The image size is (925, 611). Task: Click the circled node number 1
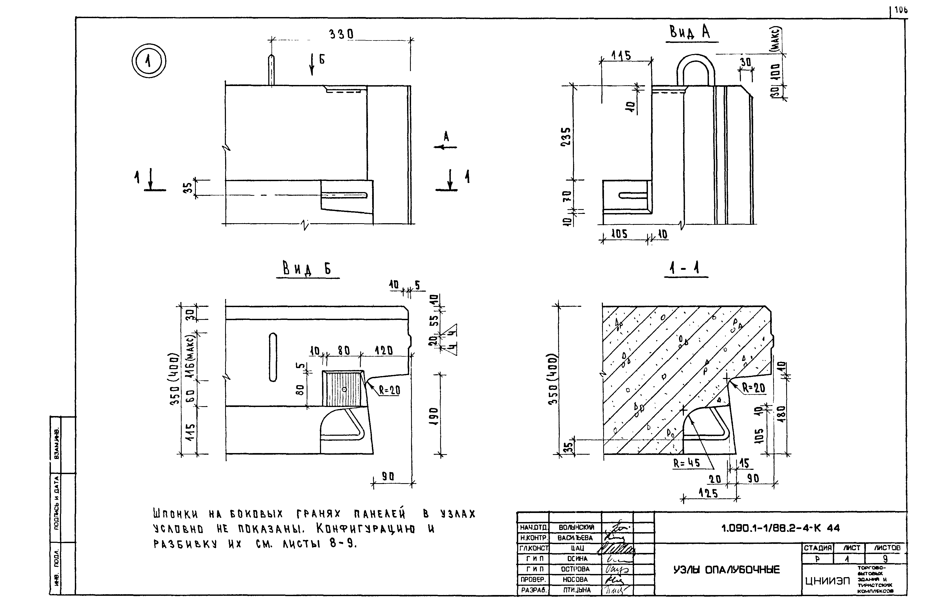(148, 62)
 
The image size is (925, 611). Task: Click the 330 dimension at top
(342, 35)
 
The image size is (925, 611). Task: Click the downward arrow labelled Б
(312, 64)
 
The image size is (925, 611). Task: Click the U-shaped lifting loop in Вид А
(696, 70)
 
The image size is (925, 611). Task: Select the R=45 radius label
(687, 463)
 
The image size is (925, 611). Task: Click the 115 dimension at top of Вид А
(621, 56)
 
